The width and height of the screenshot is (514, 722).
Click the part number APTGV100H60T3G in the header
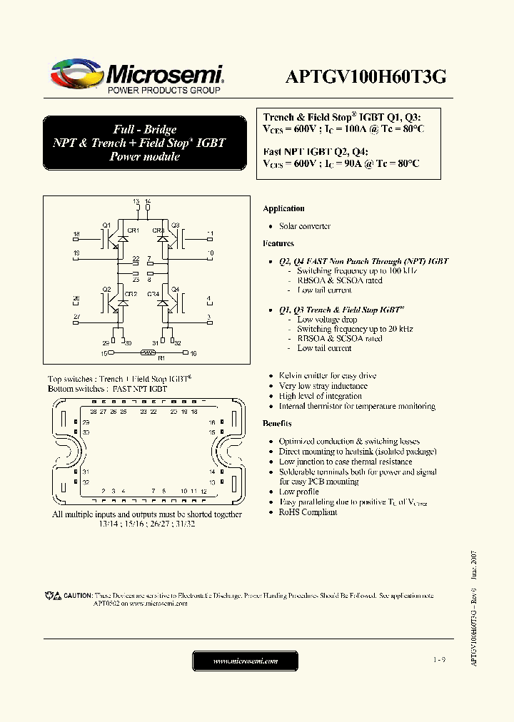pyautogui.click(x=366, y=77)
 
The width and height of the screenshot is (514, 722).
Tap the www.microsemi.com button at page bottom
pyautogui.click(x=245, y=661)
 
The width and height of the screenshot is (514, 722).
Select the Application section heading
pyautogui.click(x=283, y=208)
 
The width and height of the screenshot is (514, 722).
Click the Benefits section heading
pyautogui.click(x=277, y=424)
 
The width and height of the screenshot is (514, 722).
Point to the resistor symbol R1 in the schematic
pyautogui.click(x=148, y=352)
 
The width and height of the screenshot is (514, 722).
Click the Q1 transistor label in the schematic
pyautogui.click(x=106, y=225)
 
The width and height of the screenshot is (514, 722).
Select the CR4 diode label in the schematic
pyautogui.click(x=153, y=294)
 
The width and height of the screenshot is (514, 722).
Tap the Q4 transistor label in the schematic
pyautogui.click(x=175, y=290)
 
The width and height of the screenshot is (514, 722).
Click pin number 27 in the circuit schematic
pyautogui.click(x=76, y=315)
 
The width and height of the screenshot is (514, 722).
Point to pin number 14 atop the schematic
pyautogui.click(x=148, y=203)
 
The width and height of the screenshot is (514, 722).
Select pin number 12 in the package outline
pyautogui.click(x=203, y=492)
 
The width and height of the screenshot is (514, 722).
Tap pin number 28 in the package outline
pyautogui.click(x=94, y=412)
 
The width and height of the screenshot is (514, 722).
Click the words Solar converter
pyautogui.click(x=304, y=226)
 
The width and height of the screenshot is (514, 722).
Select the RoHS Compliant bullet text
pyautogui.click(x=308, y=512)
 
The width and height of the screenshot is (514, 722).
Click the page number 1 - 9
pyautogui.click(x=438, y=661)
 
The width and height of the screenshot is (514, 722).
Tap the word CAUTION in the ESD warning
pyautogui.click(x=78, y=595)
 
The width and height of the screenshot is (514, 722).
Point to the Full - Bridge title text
pyautogui.click(x=145, y=129)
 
